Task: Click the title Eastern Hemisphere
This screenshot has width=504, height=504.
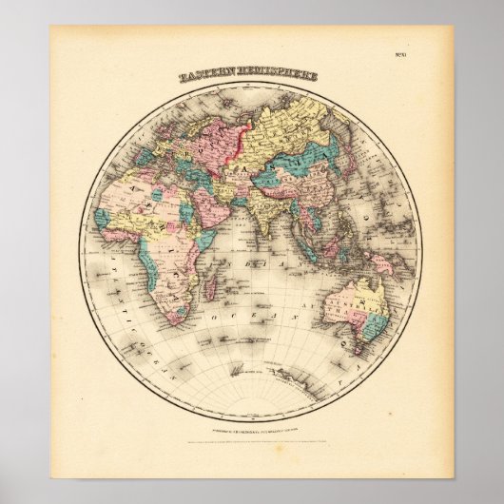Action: point(252,75)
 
